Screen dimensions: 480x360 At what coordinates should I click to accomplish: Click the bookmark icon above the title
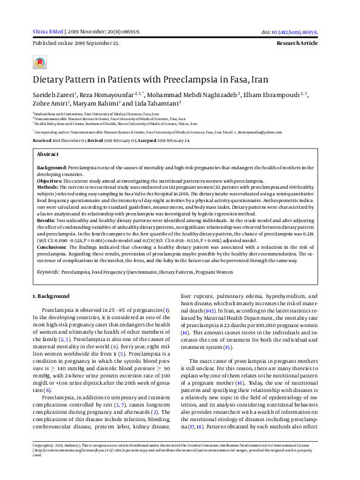39,62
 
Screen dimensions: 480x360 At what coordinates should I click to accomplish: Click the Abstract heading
48,155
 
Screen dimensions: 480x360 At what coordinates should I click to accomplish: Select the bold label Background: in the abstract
52,167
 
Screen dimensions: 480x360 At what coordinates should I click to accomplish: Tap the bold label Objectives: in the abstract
51,181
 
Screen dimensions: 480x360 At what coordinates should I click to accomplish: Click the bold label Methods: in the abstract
49,188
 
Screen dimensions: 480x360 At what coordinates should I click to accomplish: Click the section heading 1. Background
50,296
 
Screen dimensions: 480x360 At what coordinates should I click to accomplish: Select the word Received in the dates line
42,140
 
